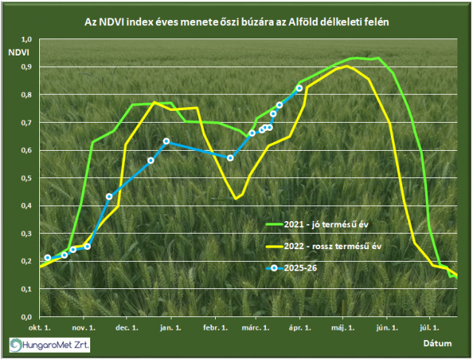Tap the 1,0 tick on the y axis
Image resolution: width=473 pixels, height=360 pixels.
point(27,39)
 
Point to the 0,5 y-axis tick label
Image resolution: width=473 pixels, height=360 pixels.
point(27,178)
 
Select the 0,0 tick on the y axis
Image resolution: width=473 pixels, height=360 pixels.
point(27,316)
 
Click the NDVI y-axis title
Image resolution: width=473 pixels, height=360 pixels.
point(20,54)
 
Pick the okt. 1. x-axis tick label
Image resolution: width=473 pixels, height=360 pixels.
point(39,326)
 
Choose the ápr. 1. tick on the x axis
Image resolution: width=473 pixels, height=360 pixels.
point(298,326)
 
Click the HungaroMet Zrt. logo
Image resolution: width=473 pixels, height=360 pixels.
point(49,344)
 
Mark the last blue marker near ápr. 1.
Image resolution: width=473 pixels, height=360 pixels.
point(299,88)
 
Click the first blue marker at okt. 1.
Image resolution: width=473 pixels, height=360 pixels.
point(47,258)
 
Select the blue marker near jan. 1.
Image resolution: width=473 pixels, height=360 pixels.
point(166,141)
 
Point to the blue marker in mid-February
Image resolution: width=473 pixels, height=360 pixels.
point(230,158)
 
